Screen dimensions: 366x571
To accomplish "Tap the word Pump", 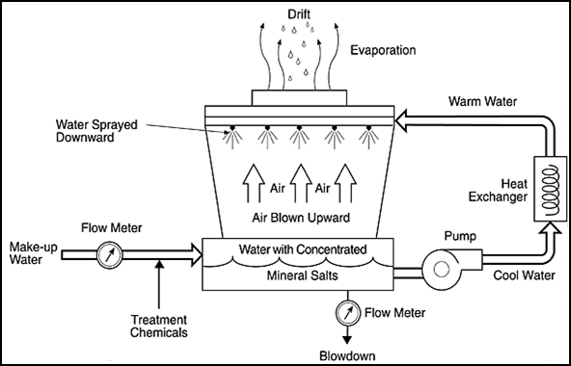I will (x=435, y=233).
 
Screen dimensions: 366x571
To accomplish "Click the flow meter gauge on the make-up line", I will (x=109, y=256).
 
